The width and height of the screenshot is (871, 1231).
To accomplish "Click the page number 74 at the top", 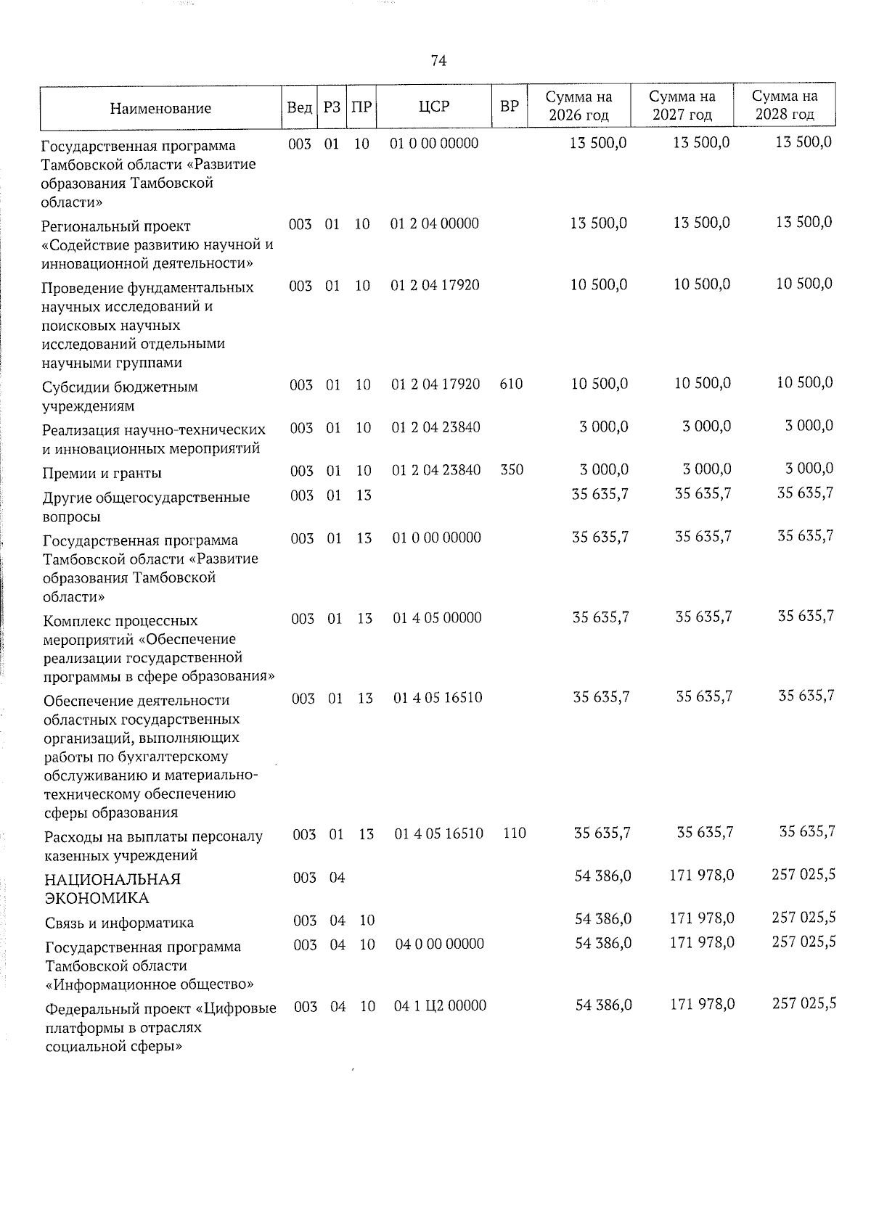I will coord(438,61).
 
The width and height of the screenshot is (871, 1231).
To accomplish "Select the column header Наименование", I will coord(160,109).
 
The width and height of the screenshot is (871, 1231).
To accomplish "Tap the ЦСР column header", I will coord(434,107).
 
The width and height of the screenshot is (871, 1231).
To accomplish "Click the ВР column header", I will coord(510,107).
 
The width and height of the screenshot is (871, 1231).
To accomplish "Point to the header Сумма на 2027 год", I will coord(682,106).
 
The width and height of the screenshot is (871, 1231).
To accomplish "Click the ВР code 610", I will coord(511,384).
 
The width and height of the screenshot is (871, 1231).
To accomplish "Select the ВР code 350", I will coord(512,470).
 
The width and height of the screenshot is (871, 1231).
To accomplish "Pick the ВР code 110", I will coord(514,833).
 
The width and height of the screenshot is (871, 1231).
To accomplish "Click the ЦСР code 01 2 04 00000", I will coord(435,224).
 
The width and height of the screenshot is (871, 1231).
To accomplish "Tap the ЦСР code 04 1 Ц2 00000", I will coord(440,1006).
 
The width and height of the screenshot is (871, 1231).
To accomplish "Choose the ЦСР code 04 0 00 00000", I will coord(439,944).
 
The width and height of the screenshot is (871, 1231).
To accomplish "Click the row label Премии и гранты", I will coord(102,474).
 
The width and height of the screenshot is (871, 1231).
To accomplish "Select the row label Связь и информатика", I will coord(119,923).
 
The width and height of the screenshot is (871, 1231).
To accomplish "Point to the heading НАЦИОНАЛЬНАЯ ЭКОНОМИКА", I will coord(113,889).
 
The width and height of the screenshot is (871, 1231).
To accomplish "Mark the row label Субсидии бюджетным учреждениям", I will coord(120,396).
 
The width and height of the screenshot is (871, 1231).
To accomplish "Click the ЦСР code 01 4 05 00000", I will coord(437,618).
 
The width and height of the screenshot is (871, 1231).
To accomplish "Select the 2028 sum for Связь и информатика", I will coord(803,918).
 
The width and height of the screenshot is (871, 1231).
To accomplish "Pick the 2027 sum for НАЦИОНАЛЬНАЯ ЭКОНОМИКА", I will coord(701,876).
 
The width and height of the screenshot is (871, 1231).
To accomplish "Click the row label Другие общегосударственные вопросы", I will coord(146,507).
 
